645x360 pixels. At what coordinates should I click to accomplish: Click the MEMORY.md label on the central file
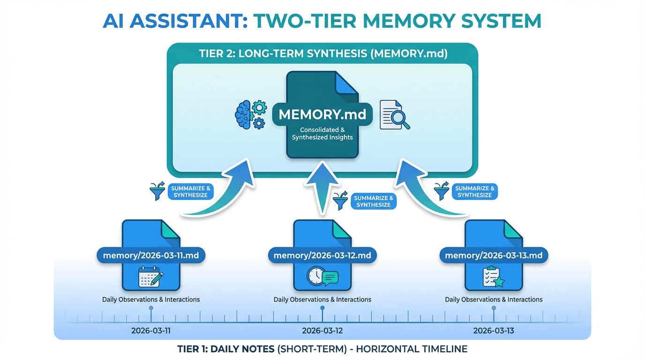[322, 114]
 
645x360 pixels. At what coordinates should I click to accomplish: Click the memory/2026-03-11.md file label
[151, 255]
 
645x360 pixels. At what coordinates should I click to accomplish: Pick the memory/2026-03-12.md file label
[322, 255]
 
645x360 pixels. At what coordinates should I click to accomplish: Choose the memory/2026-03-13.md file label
[494, 255]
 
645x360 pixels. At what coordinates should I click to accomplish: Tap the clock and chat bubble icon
[322, 277]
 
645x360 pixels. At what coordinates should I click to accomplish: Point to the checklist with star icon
[494, 277]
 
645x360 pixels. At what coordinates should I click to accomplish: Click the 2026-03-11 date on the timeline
[151, 330]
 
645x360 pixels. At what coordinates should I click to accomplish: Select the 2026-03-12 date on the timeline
[322, 330]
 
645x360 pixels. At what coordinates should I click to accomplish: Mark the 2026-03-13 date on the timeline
[494, 330]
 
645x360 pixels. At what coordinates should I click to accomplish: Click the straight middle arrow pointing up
[322, 187]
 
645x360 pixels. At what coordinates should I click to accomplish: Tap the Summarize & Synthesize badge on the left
[190, 192]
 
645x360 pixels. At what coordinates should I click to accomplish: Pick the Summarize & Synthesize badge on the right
[475, 192]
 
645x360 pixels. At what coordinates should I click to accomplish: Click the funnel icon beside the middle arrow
[340, 201]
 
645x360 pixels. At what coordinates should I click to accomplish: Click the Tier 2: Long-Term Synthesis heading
[323, 53]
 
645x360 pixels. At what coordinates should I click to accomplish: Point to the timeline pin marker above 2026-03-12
[322, 308]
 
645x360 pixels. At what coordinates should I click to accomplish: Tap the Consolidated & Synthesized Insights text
[322, 134]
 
